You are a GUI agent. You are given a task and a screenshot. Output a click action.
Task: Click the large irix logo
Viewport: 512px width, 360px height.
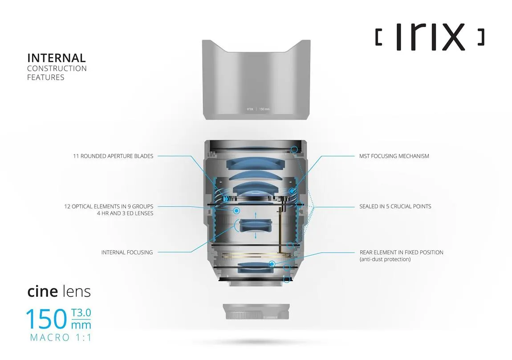[430, 37]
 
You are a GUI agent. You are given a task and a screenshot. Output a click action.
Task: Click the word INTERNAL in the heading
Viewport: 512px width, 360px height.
[56, 58]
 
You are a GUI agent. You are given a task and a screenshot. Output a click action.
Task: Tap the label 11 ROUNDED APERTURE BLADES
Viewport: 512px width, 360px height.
[113, 156]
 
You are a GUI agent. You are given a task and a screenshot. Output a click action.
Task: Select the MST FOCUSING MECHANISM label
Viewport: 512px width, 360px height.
[394, 156]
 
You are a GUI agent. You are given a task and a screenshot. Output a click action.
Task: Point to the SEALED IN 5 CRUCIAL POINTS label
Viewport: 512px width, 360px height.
[395, 207]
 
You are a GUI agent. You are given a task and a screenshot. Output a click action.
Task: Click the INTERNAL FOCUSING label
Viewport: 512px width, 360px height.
[127, 253]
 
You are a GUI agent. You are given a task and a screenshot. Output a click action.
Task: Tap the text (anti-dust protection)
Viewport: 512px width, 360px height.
[385, 259]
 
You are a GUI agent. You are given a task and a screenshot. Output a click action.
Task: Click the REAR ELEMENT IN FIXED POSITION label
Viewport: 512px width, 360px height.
[401, 253]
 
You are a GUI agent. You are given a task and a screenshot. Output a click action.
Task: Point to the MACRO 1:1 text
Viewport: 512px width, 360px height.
[61, 338]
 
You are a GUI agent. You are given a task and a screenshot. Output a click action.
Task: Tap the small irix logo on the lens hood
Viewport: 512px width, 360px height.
[250, 109]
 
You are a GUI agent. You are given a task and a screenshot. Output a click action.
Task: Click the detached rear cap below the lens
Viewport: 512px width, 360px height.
[256, 312]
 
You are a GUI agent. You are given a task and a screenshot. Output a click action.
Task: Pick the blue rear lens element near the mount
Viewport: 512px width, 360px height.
[256, 267]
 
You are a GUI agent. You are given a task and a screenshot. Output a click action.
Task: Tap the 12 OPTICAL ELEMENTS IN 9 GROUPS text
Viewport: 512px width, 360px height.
[109, 207]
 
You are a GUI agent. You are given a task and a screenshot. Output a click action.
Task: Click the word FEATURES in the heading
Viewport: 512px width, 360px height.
[45, 78]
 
